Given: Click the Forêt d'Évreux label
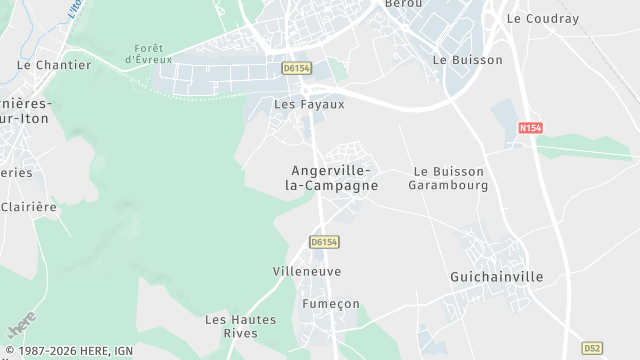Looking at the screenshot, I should click(149, 54).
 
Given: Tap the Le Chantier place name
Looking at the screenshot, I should click(54, 65).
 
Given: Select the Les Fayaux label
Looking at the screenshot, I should click(309, 104).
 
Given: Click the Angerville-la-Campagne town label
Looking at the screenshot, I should click(332, 178).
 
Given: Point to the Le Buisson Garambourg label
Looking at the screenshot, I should click(449, 178).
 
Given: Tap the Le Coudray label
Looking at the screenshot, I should click(543, 18).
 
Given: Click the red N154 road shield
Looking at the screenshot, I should click(530, 128).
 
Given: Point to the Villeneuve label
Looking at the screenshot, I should click(307, 271).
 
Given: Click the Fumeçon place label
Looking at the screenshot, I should click(330, 304).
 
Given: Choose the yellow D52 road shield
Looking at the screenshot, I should click(593, 347).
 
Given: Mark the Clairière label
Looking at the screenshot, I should click(29, 207).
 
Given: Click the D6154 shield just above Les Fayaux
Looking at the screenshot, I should click(296, 68).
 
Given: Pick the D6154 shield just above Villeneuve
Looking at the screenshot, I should click(324, 242).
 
